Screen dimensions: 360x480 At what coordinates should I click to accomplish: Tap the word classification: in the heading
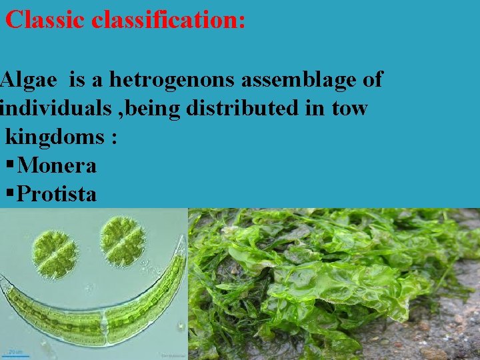click(x=169, y=20)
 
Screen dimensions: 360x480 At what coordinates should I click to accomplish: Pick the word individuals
click(x=53, y=108)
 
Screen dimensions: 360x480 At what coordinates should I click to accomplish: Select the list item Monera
click(x=57, y=165)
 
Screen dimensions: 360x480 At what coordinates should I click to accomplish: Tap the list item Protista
click(x=57, y=194)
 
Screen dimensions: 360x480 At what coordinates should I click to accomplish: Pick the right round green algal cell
click(x=122, y=240)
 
